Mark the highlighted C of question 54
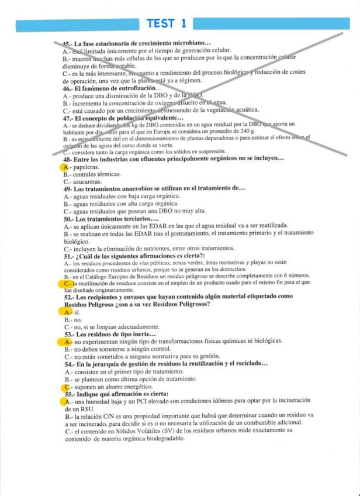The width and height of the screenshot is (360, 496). click(x=67, y=387)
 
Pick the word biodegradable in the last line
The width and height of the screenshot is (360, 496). click(x=155, y=439)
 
